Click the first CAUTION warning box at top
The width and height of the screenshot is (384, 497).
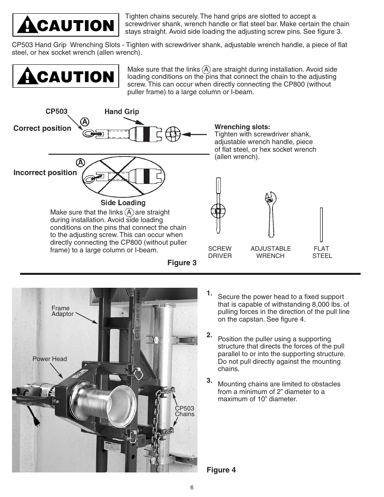point(66,25)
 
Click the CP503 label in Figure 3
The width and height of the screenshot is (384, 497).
point(56,111)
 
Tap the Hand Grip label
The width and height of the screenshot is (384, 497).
point(122,111)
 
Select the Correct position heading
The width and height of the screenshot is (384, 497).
point(42,128)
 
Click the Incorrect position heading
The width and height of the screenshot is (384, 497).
point(45,173)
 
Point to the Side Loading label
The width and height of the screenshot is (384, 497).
point(123,203)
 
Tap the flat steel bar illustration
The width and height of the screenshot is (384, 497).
point(322,224)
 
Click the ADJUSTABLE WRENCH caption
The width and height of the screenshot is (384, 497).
point(270,252)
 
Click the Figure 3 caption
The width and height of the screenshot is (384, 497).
point(182,263)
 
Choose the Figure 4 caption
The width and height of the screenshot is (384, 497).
point(221,470)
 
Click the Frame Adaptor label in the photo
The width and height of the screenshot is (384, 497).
point(62,311)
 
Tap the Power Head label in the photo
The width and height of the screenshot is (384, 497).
point(50,359)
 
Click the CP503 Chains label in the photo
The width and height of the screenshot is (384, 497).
point(184,411)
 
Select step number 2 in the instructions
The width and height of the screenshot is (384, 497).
point(209,335)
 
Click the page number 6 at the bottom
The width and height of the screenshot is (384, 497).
point(192,487)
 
